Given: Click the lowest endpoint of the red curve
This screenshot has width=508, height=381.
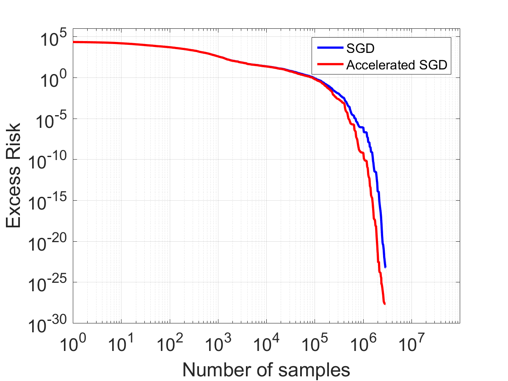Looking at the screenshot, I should (385, 304).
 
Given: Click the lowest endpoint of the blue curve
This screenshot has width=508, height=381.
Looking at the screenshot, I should (386, 267).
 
